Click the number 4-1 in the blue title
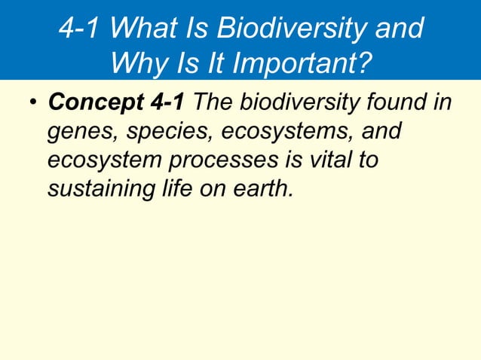click(x=81, y=29)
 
